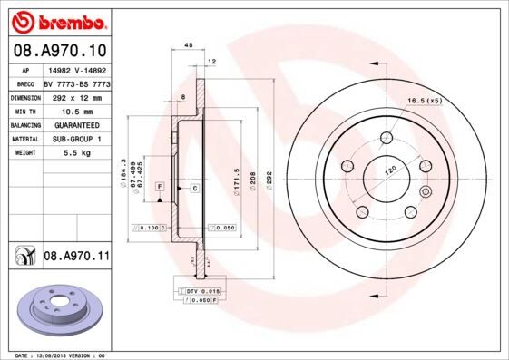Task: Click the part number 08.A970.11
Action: point(76,258)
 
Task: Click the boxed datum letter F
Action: point(159,186)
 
